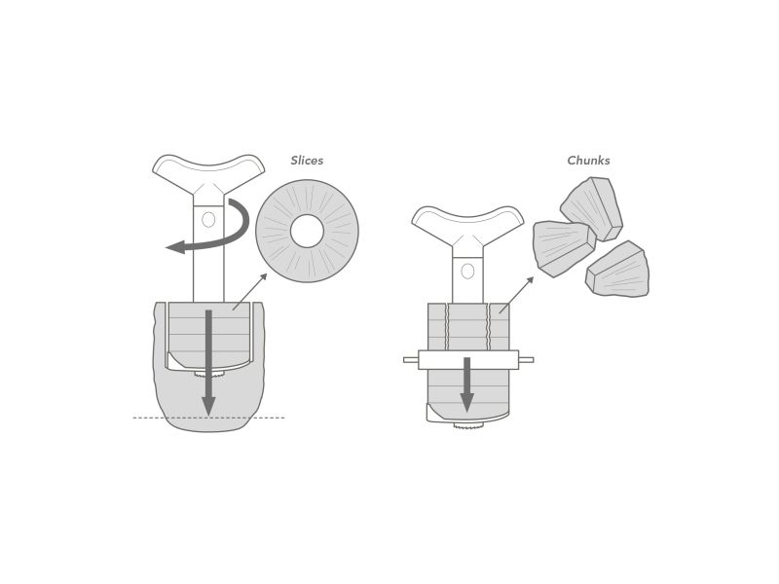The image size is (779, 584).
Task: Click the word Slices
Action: pos(307,161)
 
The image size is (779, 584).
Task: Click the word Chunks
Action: pos(588,161)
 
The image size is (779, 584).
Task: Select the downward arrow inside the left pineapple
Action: pos(208,362)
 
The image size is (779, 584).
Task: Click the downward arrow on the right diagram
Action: pos(467,384)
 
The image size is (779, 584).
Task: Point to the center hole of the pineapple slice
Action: pos(307,231)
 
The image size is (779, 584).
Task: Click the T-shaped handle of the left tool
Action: pos(208,174)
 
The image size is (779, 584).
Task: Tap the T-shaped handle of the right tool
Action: pos(467,225)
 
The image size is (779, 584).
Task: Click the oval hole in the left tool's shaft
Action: pos(208,220)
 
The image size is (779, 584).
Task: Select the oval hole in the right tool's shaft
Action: pos(467,272)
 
